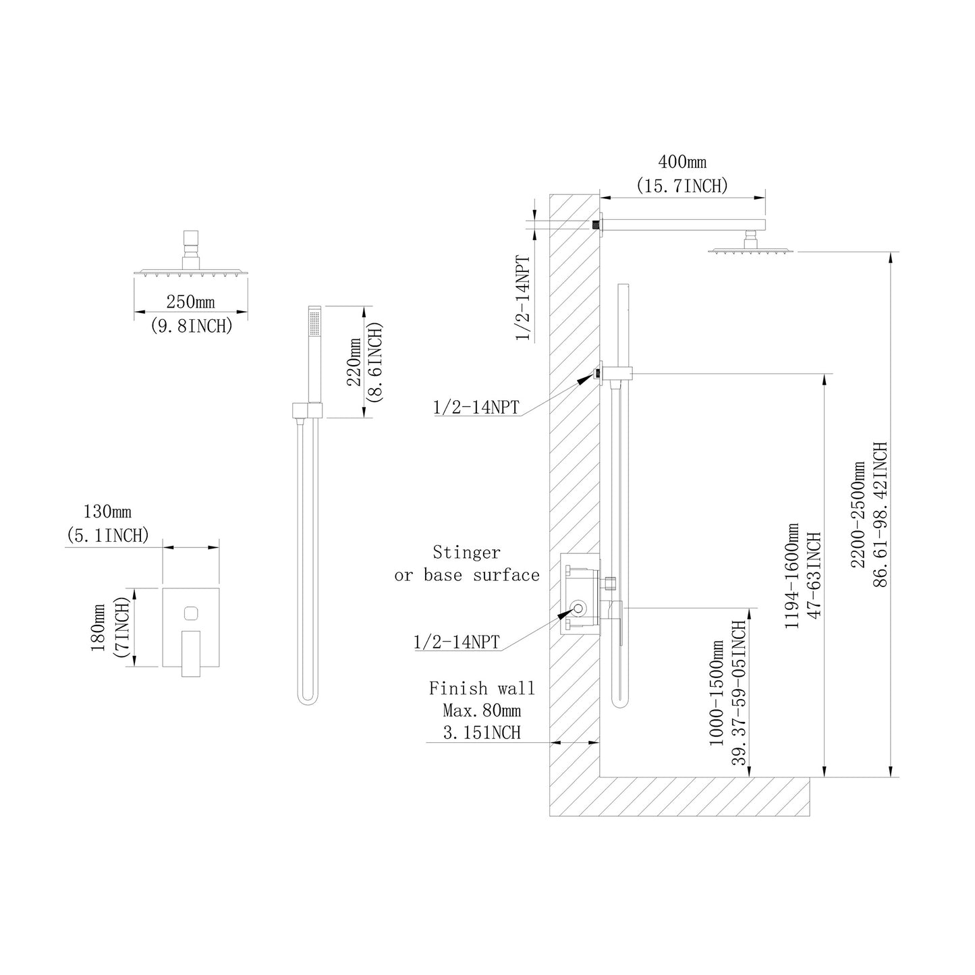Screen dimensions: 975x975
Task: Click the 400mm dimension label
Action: click(681, 163)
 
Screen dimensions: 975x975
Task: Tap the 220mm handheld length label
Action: click(354, 362)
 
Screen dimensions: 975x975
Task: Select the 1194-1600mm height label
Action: click(791, 576)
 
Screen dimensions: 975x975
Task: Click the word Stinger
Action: click(466, 553)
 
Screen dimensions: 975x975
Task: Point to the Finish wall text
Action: click(482, 689)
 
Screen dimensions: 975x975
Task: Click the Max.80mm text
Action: click(482, 711)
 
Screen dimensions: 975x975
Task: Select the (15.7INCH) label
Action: click(681, 186)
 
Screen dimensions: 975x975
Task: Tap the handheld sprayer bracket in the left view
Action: click(308, 410)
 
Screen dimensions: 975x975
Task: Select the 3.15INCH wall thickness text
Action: click(482, 733)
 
